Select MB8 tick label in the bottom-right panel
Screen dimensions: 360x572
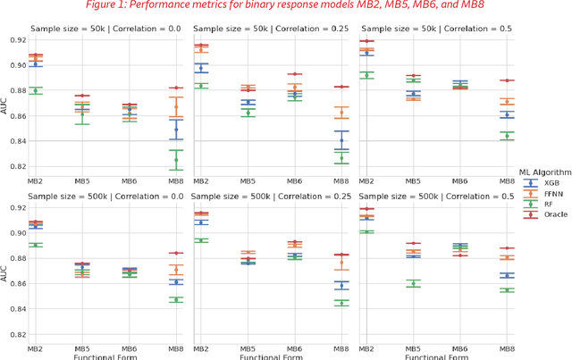click(506, 348)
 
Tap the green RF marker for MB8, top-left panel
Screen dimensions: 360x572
click(175, 160)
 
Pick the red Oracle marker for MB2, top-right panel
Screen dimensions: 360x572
click(366, 41)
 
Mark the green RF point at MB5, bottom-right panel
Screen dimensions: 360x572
click(412, 284)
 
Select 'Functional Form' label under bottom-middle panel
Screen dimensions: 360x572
click(276, 356)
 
